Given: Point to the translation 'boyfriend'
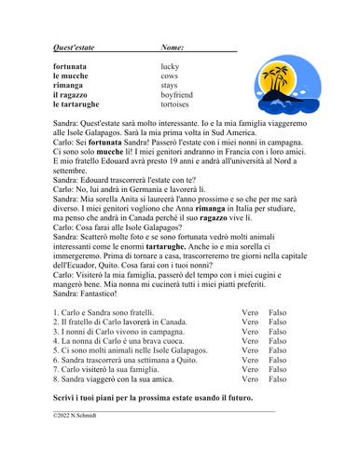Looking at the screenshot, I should click(x=177, y=95).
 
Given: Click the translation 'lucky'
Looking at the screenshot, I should click(x=172, y=67).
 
